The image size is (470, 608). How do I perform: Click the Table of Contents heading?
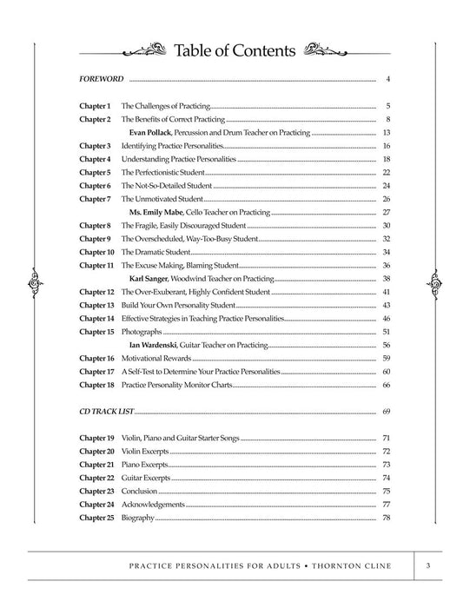point(235,50)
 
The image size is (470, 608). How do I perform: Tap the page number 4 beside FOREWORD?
point(387,79)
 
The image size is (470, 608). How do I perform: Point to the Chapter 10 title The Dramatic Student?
point(156,252)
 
